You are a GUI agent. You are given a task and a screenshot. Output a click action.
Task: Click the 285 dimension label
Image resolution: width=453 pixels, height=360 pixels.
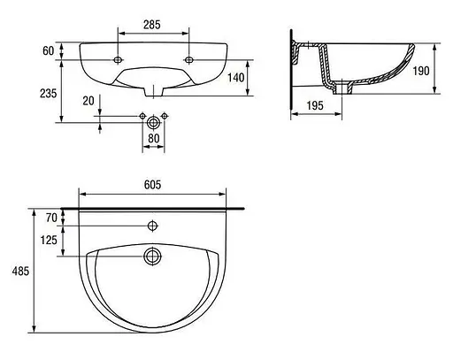[152, 25]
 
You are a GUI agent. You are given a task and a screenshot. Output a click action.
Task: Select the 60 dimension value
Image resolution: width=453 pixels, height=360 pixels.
[49, 50]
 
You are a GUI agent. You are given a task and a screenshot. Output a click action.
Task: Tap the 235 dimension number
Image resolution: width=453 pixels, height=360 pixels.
[48, 93]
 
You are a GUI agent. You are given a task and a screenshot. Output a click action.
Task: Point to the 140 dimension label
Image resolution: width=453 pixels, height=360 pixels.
[236, 78]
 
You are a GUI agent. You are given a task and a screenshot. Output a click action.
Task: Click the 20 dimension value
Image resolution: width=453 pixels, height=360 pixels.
[88, 101]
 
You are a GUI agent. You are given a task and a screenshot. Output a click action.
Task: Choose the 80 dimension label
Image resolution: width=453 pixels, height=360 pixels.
[153, 138]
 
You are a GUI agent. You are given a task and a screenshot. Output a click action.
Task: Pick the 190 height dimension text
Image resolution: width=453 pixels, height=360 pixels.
[421, 71]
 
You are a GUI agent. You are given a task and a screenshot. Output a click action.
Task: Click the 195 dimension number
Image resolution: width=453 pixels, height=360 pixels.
[315, 105]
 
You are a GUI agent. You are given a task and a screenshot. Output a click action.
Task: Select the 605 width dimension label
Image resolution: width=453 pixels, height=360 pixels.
[153, 185]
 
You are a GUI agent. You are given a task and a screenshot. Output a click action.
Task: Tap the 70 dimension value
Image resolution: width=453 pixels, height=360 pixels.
[51, 218]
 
